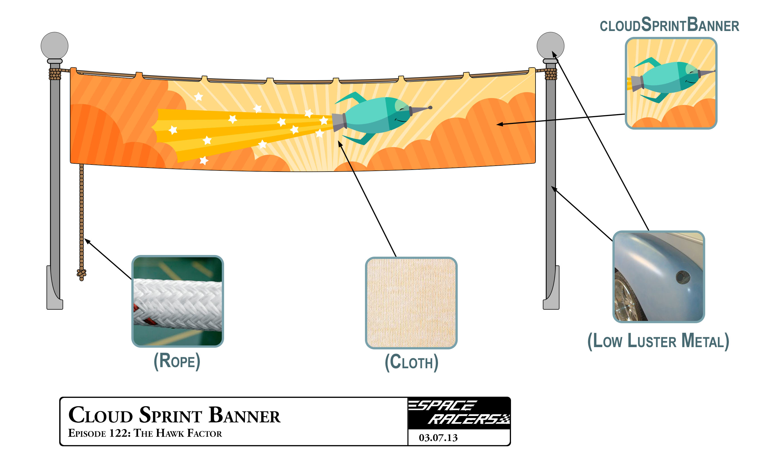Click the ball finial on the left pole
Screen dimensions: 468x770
coord(54,45)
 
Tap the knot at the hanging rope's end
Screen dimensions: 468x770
coord(81,273)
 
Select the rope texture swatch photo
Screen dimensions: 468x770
coord(178,301)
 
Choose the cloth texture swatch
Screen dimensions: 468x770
coord(411,302)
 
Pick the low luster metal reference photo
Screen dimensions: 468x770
coord(658,277)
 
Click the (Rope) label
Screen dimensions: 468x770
coord(177,361)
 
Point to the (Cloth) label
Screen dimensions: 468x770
coord(411,362)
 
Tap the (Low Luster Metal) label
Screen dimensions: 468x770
coord(658,341)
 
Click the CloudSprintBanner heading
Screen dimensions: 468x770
coord(669,25)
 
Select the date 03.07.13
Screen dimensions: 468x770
coord(438,437)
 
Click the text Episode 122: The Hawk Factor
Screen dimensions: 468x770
coord(145,433)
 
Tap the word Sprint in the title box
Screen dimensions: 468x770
coord(171,416)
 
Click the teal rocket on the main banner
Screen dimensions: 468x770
coord(375,116)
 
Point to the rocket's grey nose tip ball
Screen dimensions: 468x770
coord(430,107)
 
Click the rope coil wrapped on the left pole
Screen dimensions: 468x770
coord(55,74)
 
